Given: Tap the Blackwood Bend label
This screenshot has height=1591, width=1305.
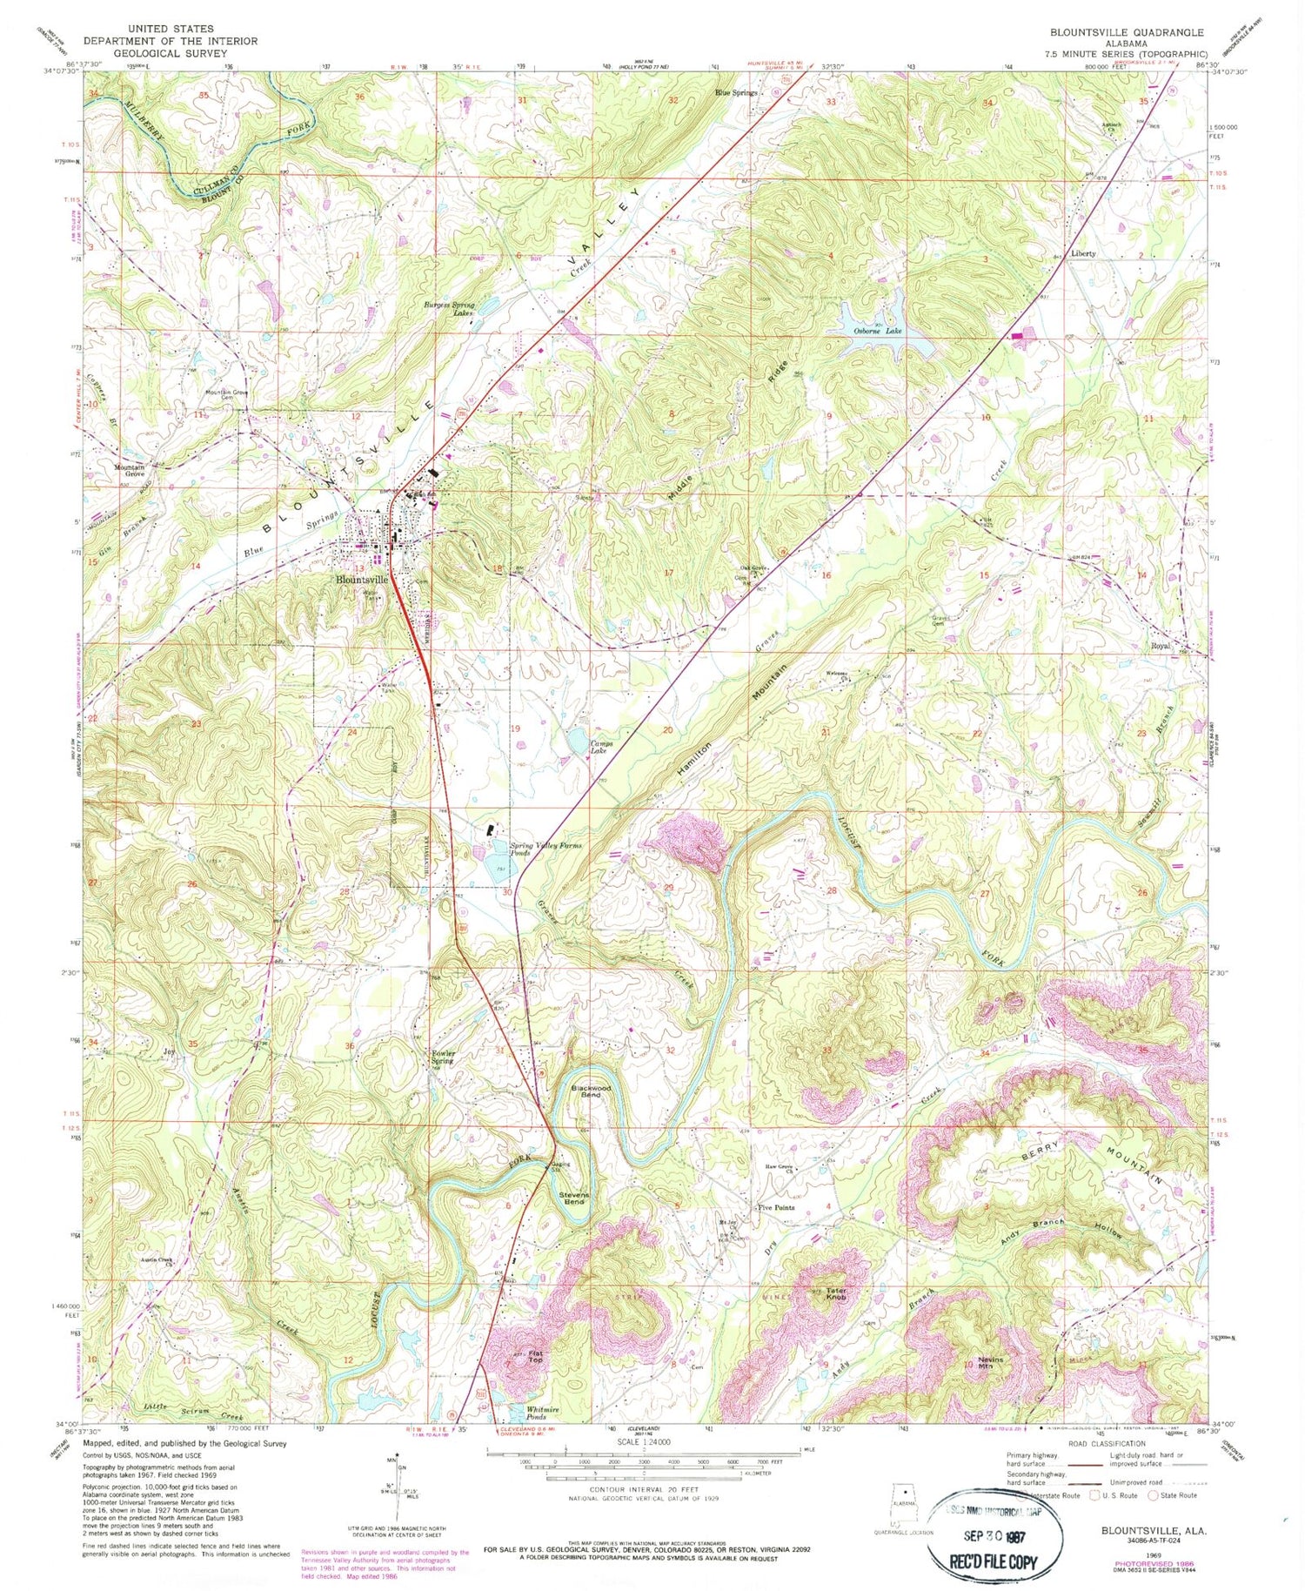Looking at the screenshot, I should coord(591,1091).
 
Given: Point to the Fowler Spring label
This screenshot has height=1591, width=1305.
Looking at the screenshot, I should coord(443,1057).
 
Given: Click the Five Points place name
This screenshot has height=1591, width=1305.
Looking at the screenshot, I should coord(775,1207).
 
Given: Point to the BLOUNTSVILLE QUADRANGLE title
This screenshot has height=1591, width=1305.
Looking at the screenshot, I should coord(1127,32).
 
